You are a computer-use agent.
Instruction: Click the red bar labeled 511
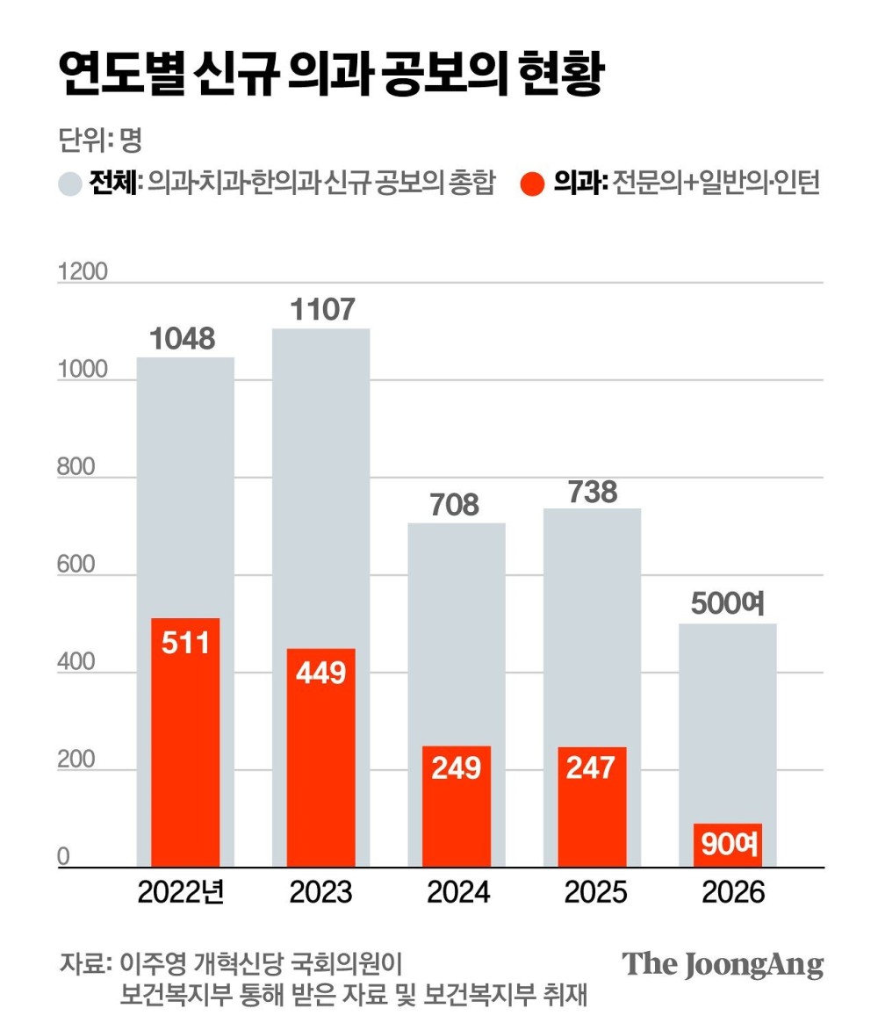tap(185, 742)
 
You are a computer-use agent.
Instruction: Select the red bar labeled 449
tap(321, 757)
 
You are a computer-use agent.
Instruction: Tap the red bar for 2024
tap(457, 806)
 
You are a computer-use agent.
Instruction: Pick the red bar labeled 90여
tap(729, 845)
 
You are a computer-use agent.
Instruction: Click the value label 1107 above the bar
tap(321, 309)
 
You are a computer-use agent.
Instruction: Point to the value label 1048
tap(185, 338)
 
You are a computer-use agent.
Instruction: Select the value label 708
tap(457, 505)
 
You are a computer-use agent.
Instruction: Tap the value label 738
tap(593, 491)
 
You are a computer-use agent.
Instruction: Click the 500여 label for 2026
tap(729, 605)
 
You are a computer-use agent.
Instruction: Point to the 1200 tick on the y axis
tap(83, 272)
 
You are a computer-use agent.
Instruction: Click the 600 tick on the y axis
tap(76, 565)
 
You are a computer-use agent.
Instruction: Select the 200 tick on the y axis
tap(76, 760)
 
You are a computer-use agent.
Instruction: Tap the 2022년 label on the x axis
tap(183, 892)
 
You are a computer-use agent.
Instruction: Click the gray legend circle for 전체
tap(69, 184)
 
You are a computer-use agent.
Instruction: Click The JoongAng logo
tap(723, 964)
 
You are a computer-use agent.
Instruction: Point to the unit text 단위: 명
tap(99, 138)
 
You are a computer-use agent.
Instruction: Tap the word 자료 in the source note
tap(82, 962)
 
